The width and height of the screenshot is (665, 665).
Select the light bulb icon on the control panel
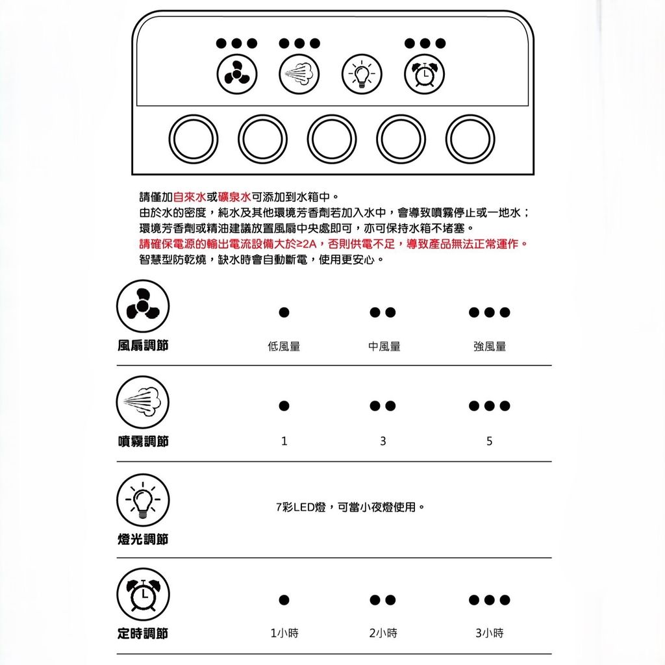point(362,75)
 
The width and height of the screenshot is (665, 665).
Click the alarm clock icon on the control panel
point(425,75)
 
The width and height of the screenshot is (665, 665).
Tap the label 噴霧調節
point(143,442)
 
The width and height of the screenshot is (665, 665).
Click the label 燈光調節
point(143,539)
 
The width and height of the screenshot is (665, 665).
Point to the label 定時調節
point(143,633)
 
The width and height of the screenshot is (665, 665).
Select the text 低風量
point(284,347)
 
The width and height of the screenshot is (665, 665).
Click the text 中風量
point(384,347)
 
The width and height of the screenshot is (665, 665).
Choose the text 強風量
point(490,347)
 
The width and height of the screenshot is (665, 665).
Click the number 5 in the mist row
point(490,442)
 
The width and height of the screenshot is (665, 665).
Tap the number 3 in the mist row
point(383,442)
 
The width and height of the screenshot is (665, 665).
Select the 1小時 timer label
point(284,633)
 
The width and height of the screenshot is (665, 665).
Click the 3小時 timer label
point(490,633)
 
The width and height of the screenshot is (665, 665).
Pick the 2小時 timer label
point(383,633)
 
